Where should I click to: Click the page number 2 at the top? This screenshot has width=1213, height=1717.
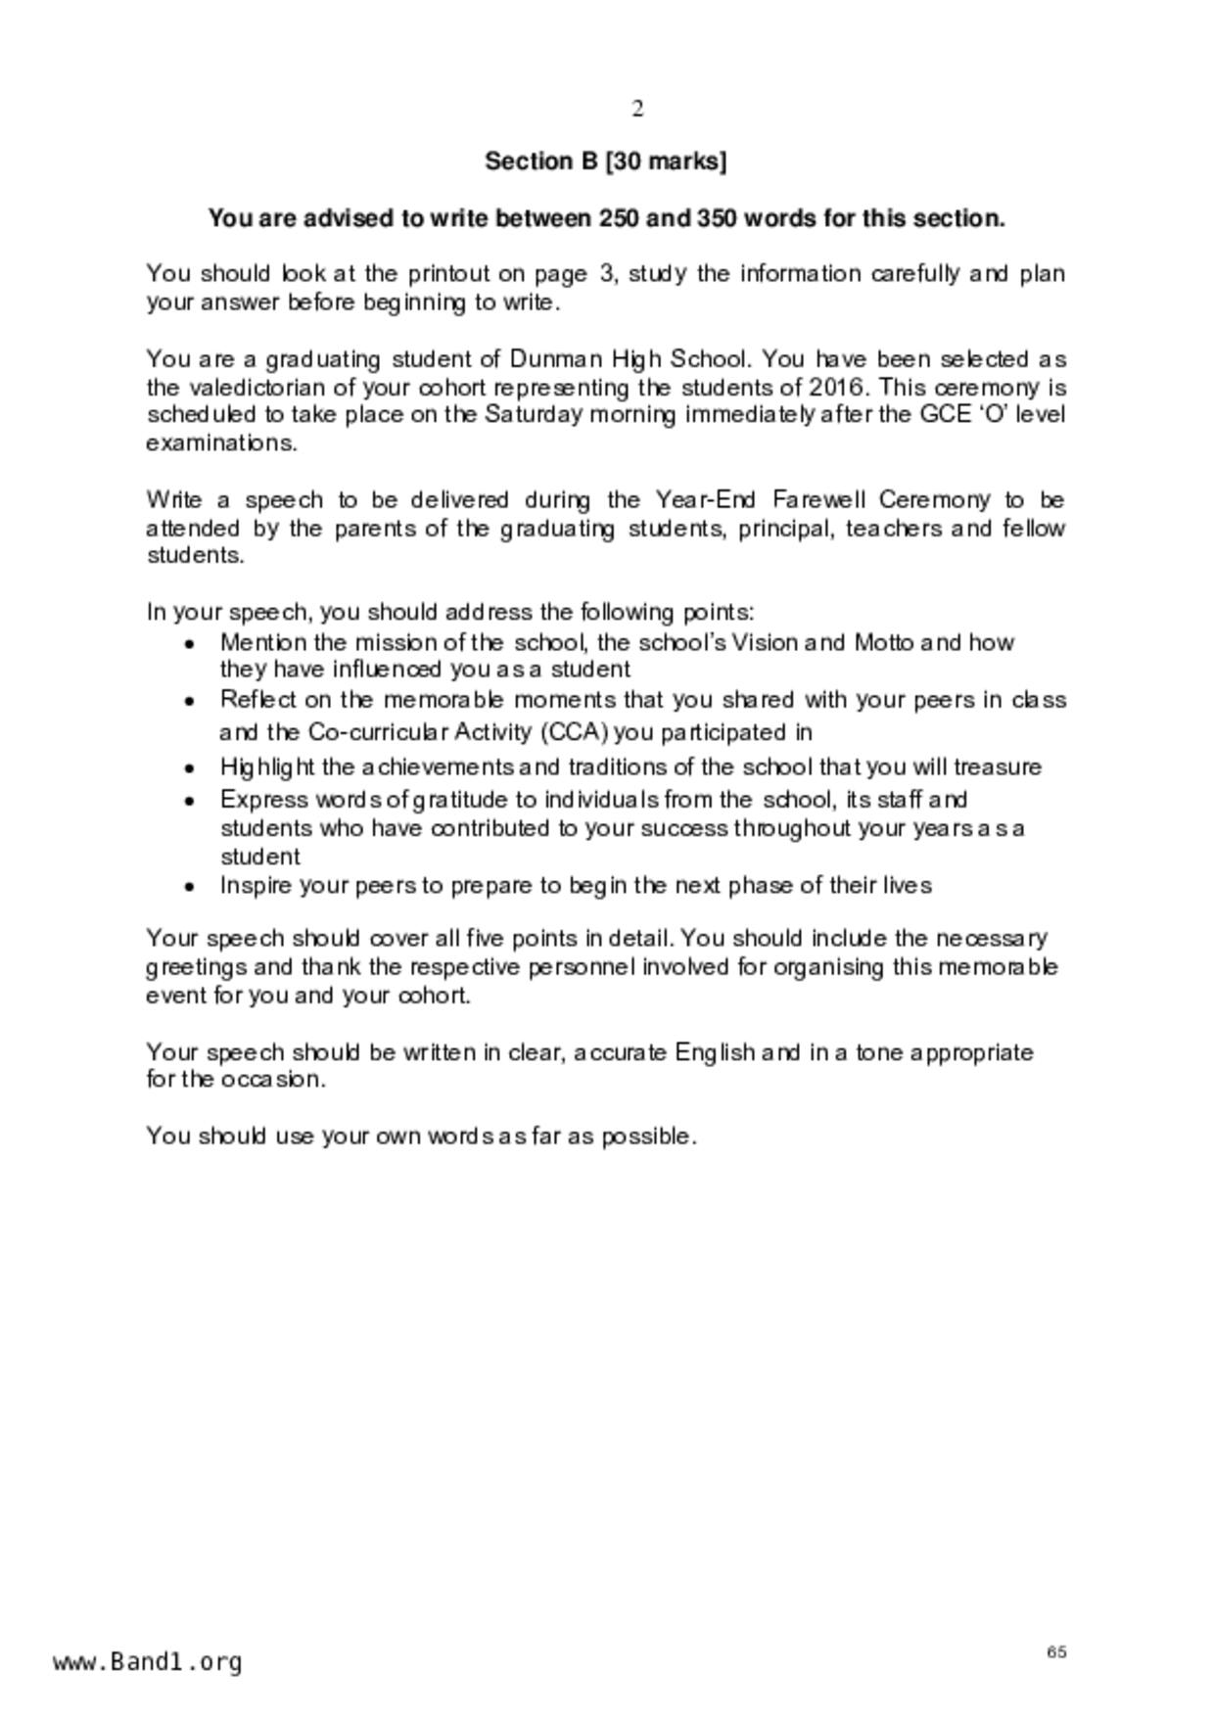(637, 109)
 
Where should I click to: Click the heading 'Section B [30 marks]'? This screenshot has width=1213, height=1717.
(605, 162)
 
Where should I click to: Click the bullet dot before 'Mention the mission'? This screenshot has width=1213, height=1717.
(190, 644)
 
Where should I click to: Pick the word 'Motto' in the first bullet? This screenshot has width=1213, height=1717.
(884, 642)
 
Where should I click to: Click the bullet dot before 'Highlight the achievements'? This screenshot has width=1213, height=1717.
(190, 768)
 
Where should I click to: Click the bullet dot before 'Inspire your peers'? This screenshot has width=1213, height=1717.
(190, 887)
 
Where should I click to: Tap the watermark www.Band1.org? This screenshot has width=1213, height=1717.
(148, 1662)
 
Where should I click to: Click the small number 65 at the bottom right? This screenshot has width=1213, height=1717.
(1056, 1651)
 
